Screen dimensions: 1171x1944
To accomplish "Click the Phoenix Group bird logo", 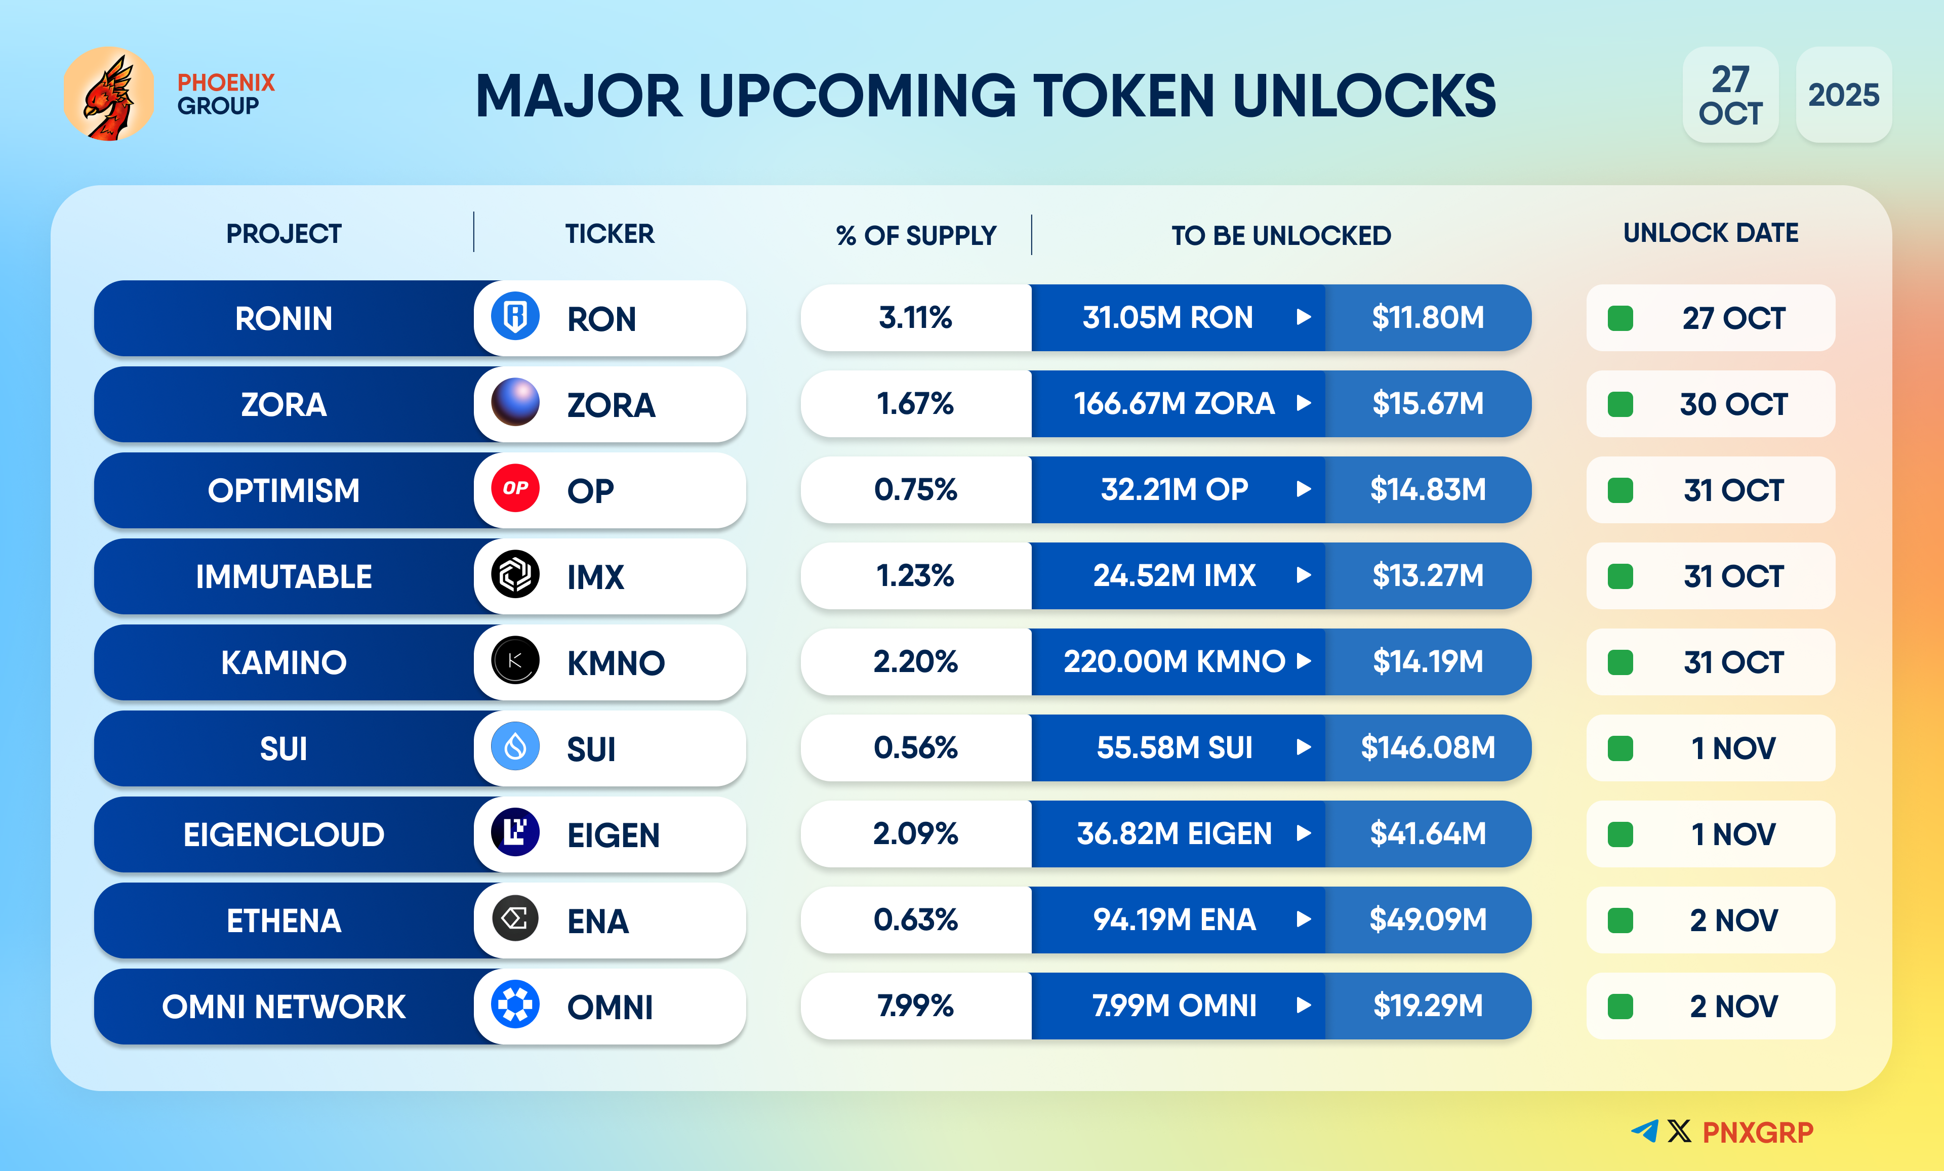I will tap(109, 94).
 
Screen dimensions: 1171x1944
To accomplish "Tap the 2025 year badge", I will tap(1843, 95).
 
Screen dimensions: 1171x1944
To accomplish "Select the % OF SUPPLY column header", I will tap(915, 235).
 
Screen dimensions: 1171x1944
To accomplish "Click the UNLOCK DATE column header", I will tap(1711, 233).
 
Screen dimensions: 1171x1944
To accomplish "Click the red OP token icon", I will tap(515, 488).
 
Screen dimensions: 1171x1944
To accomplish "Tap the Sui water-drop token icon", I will tap(515, 746).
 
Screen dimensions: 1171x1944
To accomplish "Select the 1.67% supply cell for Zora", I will tap(915, 404).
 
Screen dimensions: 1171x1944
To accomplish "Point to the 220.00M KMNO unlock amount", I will tap(1174, 661).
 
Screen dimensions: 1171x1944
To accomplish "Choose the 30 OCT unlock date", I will tap(1732, 404).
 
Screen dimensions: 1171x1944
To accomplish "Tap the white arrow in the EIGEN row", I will tap(1304, 833).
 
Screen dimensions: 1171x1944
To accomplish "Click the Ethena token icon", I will tap(515, 918).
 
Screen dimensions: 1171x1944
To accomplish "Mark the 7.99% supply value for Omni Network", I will tap(915, 1006).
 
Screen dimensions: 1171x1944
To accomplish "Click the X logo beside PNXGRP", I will tap(1680, 1132).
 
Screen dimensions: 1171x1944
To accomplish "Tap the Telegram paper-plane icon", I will tap(1645, 1132).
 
